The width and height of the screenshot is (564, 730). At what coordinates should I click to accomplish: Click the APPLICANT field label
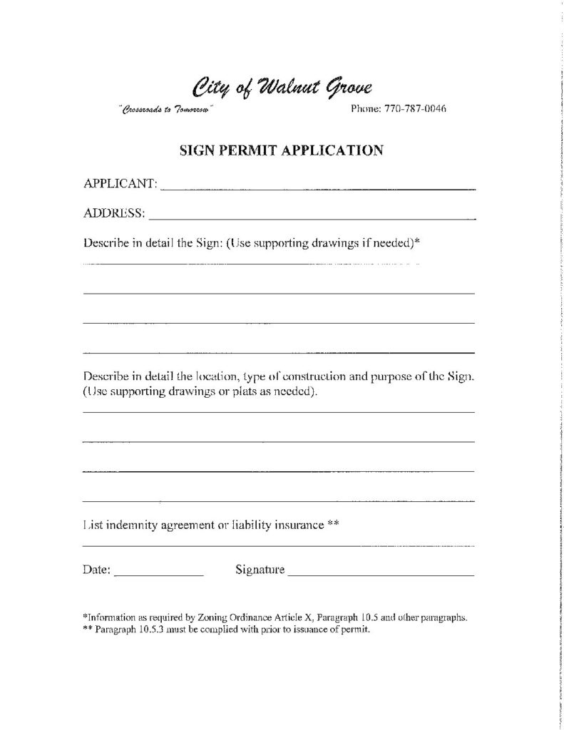coord(121,184)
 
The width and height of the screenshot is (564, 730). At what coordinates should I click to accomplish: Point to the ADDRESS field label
coord(115,212)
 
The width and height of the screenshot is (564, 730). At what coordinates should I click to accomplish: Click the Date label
coord(96,570)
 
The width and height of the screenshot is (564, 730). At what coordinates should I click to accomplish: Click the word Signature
coord(260,570)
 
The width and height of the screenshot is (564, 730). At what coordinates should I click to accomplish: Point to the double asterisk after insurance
coord(332,524)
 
